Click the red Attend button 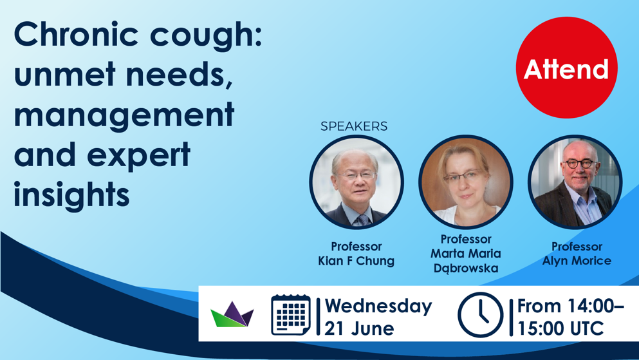(x=566, y=68)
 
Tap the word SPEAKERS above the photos (x=354, y=126)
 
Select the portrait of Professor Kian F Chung (x=357, y=182)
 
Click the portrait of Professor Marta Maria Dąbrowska (x=466, y=182)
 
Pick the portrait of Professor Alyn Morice (x=575, y=182)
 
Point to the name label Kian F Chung (x=356, y=261)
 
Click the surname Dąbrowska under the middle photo (x=466, y=269)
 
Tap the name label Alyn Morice (x=577, y=261)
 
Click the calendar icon (x=291, y=315)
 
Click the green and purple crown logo (x=232, y=314)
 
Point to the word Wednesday (x=378, y=306)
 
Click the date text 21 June (x=360, y=328)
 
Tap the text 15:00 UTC (x=560, y=328)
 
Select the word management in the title (x=124, y=115)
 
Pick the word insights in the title (x=71, y=194)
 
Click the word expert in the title (x=138, y=155)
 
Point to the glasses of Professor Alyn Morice (x=580, y=164)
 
